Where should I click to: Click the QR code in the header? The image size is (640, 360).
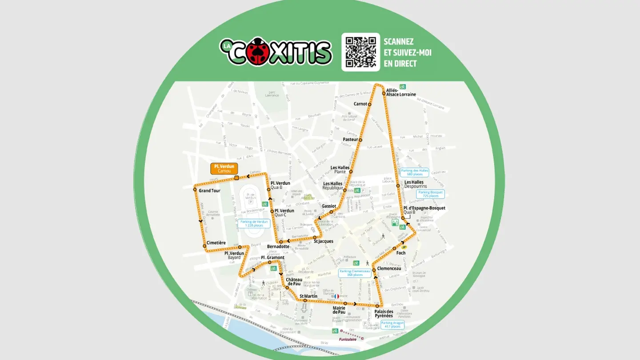pos(360,52)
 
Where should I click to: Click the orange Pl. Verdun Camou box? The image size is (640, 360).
pos(224,168)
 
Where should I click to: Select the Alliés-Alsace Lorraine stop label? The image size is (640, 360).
pos(401,92)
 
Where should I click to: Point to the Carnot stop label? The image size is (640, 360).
pos(360,104)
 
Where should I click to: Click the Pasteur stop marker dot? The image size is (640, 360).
pos(360,140)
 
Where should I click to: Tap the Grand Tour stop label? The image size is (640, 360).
pos(209,191)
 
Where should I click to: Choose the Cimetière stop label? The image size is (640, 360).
pos(216,243)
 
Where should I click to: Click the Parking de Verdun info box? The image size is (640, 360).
pos(254,223)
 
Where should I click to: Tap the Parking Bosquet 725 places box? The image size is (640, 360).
pos(430,194)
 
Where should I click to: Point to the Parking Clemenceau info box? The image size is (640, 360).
pos(355,273)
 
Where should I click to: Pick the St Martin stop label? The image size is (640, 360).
pos(308,296)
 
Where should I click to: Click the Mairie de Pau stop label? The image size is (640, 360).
pos(339,310)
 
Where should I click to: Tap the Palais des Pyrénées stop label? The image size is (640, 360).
pos(384,314)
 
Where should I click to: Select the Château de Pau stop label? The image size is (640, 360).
pos(294,281)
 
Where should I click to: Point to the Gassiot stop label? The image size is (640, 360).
pos(329,206)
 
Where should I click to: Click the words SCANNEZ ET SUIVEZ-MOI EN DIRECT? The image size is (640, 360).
pos(407,52)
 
